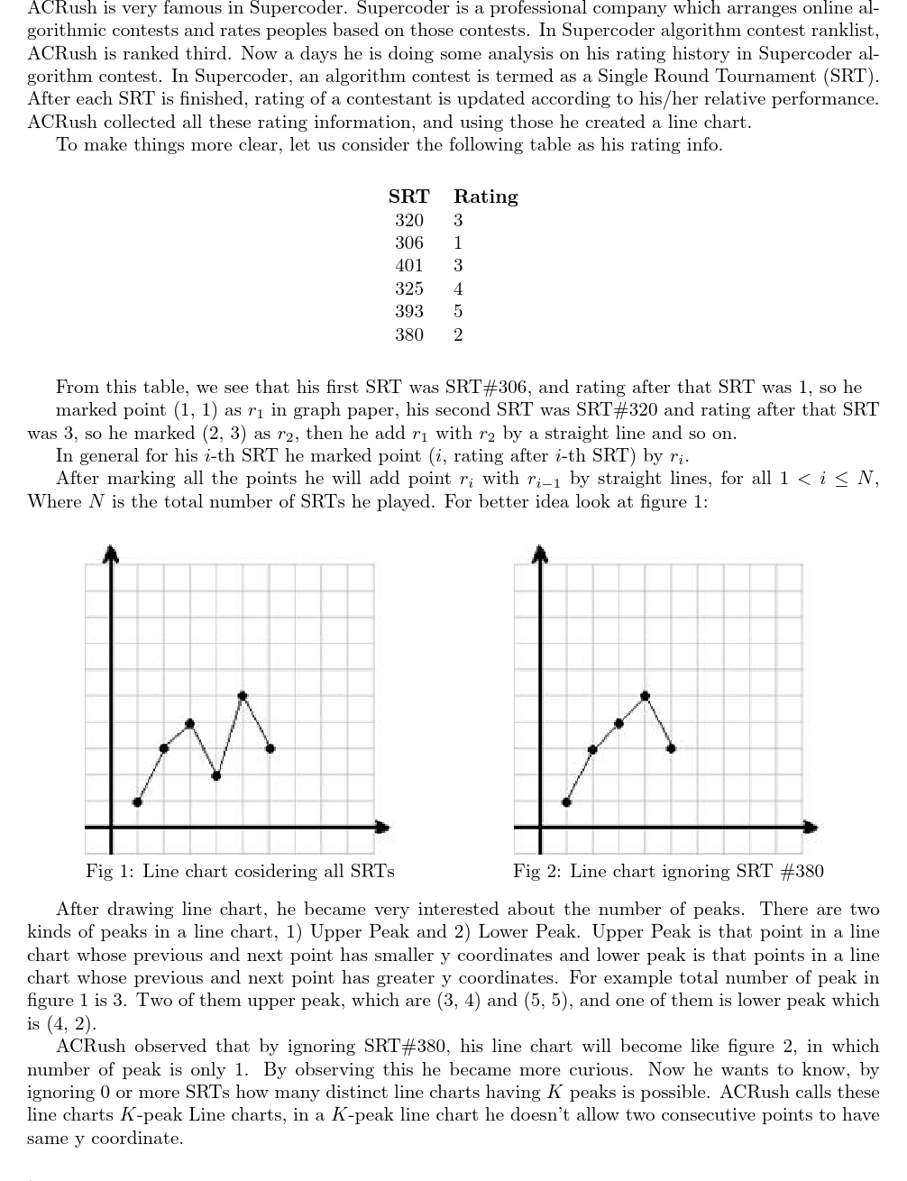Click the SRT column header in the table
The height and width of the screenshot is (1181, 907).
[408, 197]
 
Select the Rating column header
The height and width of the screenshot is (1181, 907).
[485, 197]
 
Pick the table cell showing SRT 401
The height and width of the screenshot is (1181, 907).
[408, 266]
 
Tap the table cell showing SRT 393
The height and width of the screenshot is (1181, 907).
[408, 312]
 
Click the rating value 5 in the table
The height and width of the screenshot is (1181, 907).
[458, 312]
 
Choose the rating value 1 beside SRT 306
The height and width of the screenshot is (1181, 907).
[458, 243]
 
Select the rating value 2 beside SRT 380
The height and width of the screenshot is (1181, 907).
[458, 335]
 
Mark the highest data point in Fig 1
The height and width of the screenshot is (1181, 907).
[243, 695]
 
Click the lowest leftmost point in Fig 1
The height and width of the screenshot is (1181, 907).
[137, 801]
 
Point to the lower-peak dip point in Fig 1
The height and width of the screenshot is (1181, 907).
[216, 775]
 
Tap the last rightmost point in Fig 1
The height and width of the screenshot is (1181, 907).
[270, 748]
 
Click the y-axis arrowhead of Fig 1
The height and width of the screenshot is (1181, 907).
[111, 552]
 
